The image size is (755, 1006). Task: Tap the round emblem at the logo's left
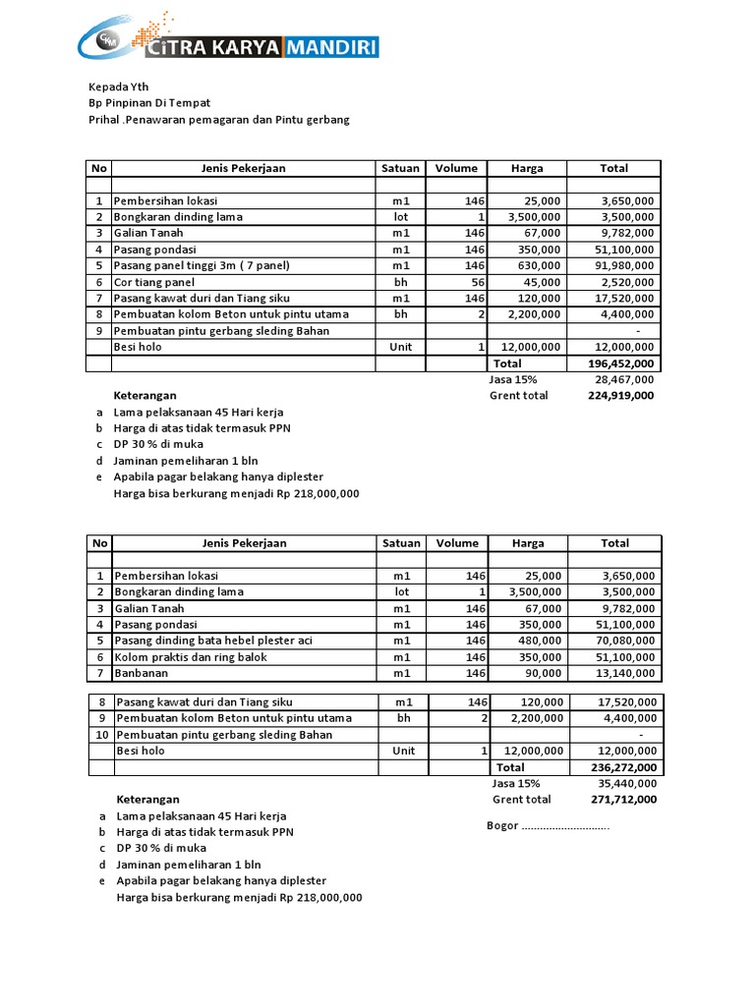[108, 40]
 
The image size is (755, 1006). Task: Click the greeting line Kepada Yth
[119, 86]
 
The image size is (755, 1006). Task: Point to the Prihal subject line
[219, 120]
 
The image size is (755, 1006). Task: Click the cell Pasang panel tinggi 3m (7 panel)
[203, 265]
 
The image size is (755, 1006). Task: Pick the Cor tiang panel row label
[154, 282]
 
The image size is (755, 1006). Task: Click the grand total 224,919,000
[619, 396]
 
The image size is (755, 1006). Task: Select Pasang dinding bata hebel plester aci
[213, 641]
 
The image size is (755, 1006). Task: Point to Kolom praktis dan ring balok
[192, 656]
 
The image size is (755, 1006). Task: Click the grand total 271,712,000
[622, 800]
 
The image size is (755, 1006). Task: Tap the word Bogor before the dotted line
[502, 825]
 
